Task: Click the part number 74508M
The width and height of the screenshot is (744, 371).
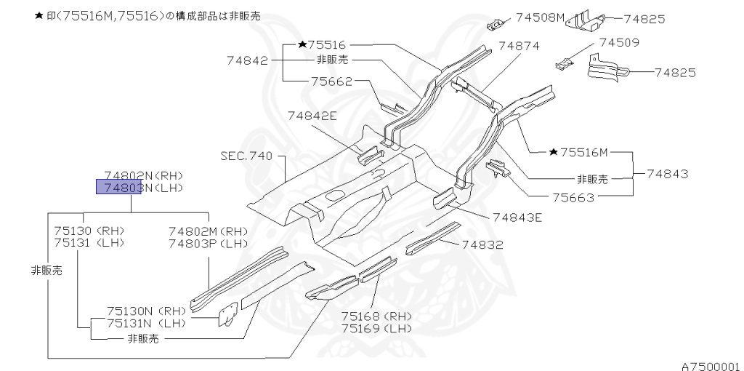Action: point(541,17)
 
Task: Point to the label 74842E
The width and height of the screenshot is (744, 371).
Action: point(312,115)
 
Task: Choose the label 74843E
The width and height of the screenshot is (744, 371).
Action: point(517,217)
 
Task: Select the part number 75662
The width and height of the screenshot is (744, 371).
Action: point(332,81)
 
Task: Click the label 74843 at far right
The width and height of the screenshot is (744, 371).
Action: point(666,175)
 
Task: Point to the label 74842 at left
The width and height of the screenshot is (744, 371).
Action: point(247,61)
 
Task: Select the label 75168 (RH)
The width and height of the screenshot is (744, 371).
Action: point(377,316)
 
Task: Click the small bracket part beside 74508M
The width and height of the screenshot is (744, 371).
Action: point(496,24)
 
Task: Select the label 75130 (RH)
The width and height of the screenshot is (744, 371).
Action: point(89,231)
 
